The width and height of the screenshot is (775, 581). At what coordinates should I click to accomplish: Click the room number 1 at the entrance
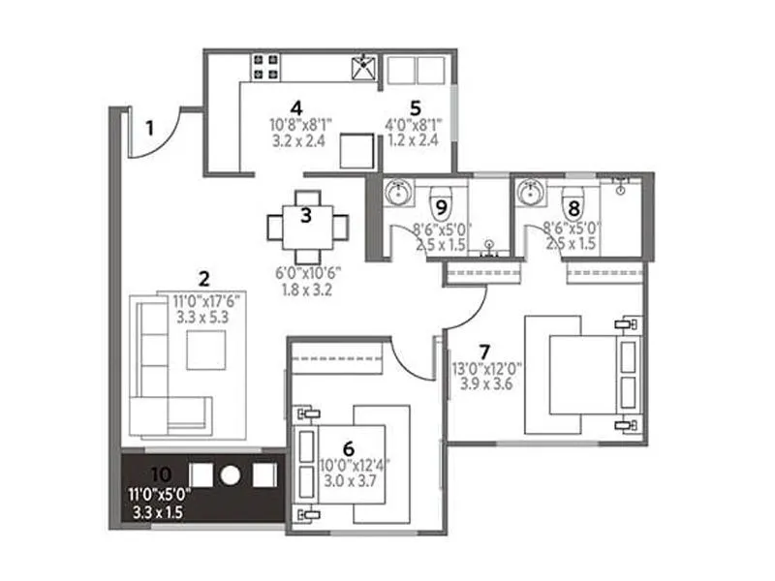[x=150, y=125]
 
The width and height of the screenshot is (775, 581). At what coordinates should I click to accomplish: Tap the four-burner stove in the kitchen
[x=264, y=67]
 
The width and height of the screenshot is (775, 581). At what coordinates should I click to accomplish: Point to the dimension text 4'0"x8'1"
[x=414, y=124]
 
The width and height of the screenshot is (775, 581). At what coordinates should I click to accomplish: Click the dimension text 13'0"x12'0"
[x=487, y=368]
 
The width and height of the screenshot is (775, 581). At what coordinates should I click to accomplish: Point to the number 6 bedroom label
[x=350, y=447]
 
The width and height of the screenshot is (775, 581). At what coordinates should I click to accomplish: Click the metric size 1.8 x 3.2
[x=306, y=288]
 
